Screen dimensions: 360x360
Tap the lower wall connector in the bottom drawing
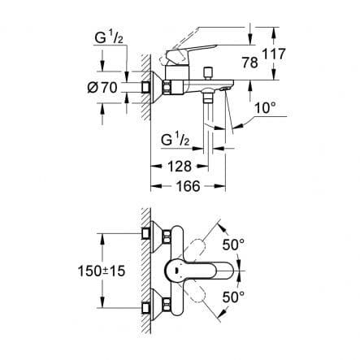tap(151, 308)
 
